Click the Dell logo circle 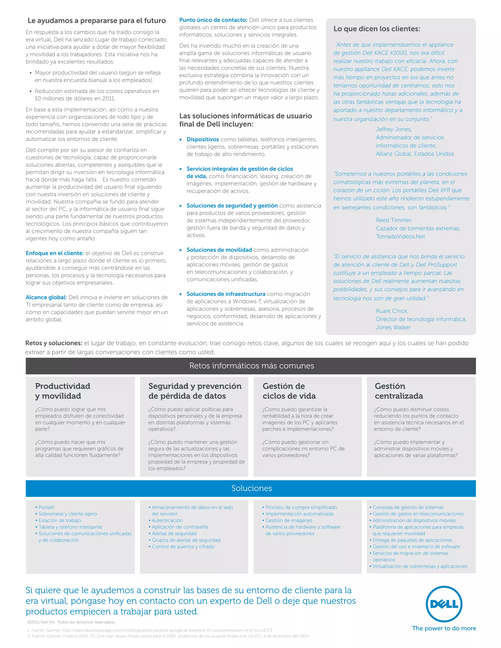(x=444, y=604)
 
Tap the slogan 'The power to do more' (x=444, y=628)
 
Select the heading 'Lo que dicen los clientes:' (x=377, y=29)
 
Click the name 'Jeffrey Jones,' (x=394, y=129)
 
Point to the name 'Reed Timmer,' (x=394, y=220)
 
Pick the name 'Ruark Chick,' (x=392, y=311)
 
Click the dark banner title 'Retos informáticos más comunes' (x=251, y=366)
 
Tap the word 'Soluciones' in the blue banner (x=251, y=488)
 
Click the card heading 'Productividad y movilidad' (x=63, y=391)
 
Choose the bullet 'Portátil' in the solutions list (x=46, y=507)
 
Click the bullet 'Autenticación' (x=167, y=520)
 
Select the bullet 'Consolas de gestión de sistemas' (x=408, y=507)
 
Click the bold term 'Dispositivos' (x=203, y=139)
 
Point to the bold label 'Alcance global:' (x=46, y=297)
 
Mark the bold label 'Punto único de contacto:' (x=213, y=20)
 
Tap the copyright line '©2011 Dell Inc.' (x=71, y=622)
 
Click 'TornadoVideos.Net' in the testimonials (x=400, y=236)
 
